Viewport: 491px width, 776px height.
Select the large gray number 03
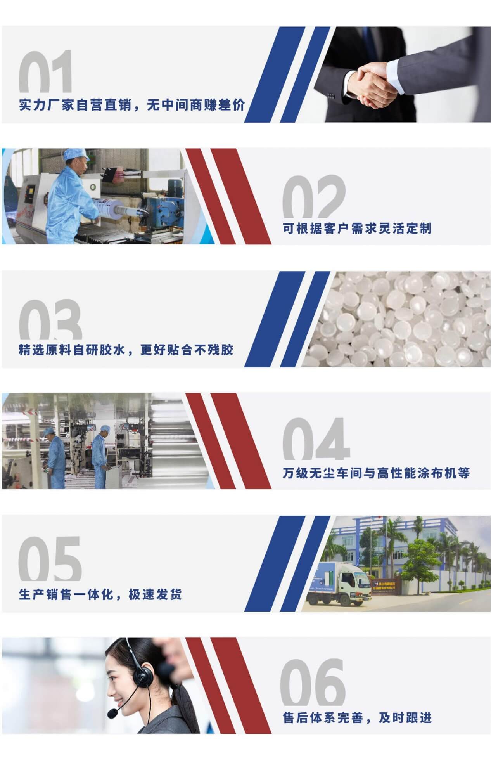point(50,319)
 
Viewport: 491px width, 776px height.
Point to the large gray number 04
point(316,439)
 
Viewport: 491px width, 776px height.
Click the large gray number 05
point(50,559)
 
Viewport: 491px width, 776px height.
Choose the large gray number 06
point(313,682)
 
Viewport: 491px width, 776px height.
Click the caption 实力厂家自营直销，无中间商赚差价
point(132,105)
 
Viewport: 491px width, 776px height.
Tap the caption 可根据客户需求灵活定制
point(357,229)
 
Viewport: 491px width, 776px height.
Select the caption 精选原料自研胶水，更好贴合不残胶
point(126,350)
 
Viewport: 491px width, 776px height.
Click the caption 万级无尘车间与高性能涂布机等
point(376,473)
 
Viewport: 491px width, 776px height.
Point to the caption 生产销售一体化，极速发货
point(100,594)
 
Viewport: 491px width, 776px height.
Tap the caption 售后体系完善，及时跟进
point(357,717)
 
